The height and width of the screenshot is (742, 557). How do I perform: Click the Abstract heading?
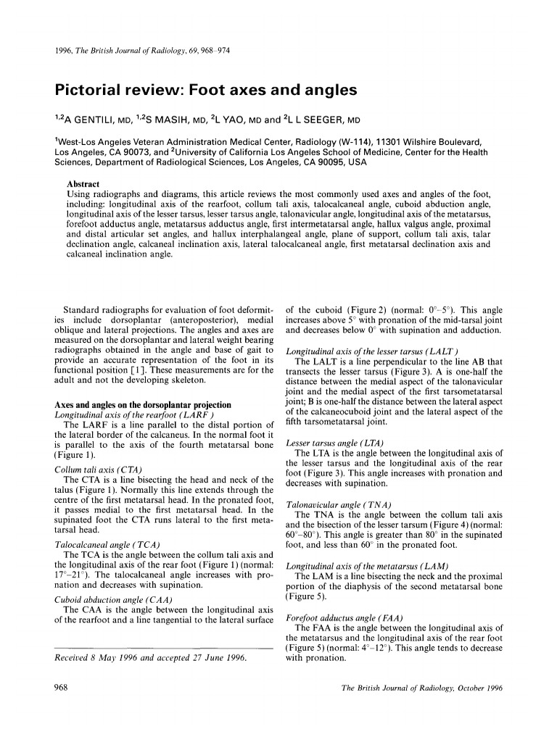83,184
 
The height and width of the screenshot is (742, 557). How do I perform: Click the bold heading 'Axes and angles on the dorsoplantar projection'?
143,404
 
